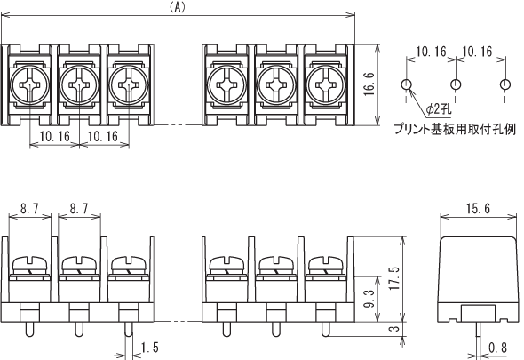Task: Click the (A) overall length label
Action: point(177,7)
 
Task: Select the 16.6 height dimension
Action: point(369,84)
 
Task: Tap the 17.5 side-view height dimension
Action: point(394,278)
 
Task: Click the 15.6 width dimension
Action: point(478,209)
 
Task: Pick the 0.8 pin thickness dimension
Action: point(497,348)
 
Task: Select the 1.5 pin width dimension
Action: point(149,348)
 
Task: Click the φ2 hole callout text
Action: point(439,108)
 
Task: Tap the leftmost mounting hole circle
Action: point(407,84)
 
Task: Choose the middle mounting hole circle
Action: point(456,84)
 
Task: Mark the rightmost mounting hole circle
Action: point(505,84)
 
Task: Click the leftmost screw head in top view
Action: point(29,85)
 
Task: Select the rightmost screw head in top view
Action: point(325,85)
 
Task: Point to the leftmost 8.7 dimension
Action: point(29,209)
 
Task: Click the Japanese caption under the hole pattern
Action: point(455,129)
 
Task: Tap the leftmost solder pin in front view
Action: point(29,329)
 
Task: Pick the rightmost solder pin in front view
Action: point(325,329)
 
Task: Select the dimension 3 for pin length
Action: point(394,328)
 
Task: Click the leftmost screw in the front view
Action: point(29,265)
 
